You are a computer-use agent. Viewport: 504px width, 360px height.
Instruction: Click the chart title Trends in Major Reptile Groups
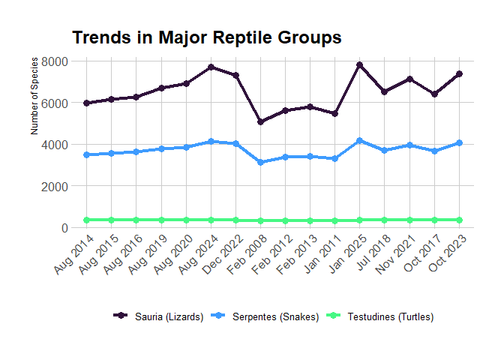[207, 37]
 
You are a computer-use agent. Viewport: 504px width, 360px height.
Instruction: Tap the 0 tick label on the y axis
[64, 228]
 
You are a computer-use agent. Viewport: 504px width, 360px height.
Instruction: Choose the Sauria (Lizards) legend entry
[159, 316]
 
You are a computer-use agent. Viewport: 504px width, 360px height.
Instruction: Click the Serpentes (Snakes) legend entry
[266, 316]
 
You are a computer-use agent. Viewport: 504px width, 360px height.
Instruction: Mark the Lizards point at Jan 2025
[360, 65]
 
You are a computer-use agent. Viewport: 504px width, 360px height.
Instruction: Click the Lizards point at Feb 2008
[261, 121]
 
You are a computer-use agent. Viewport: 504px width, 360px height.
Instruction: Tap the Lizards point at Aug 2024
[211, 67]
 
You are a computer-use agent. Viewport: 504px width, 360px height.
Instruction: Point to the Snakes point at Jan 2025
[360, 140]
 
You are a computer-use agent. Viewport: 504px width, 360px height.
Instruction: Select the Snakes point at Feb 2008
[261, 162]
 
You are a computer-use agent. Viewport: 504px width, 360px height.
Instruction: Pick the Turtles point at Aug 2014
[87, 220]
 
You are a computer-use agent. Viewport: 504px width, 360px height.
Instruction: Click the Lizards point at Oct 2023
[459, 73]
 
